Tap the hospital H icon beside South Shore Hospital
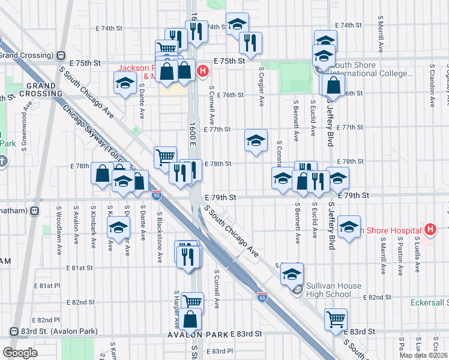click(x=430, y=229)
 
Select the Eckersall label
click(x=430, y=302)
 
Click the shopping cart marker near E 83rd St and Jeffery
click(x=336, y=318)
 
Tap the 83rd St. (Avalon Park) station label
click(x=49, y=331)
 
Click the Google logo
click(x=20, y=353)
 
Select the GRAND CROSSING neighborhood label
click(x=41, y=89)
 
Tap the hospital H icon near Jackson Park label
click(x=203, y=71)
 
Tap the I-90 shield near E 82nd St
click(x=262, y=297)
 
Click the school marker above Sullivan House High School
click(x=292, y=272)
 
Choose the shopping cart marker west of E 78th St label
click(x=165, y=157)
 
